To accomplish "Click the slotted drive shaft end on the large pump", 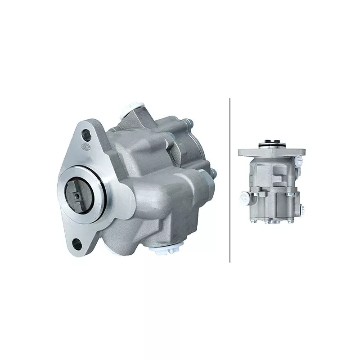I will click(80, 194).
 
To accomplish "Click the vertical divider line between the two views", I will click(230, 180).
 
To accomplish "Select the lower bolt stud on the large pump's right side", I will click(212, 173).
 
